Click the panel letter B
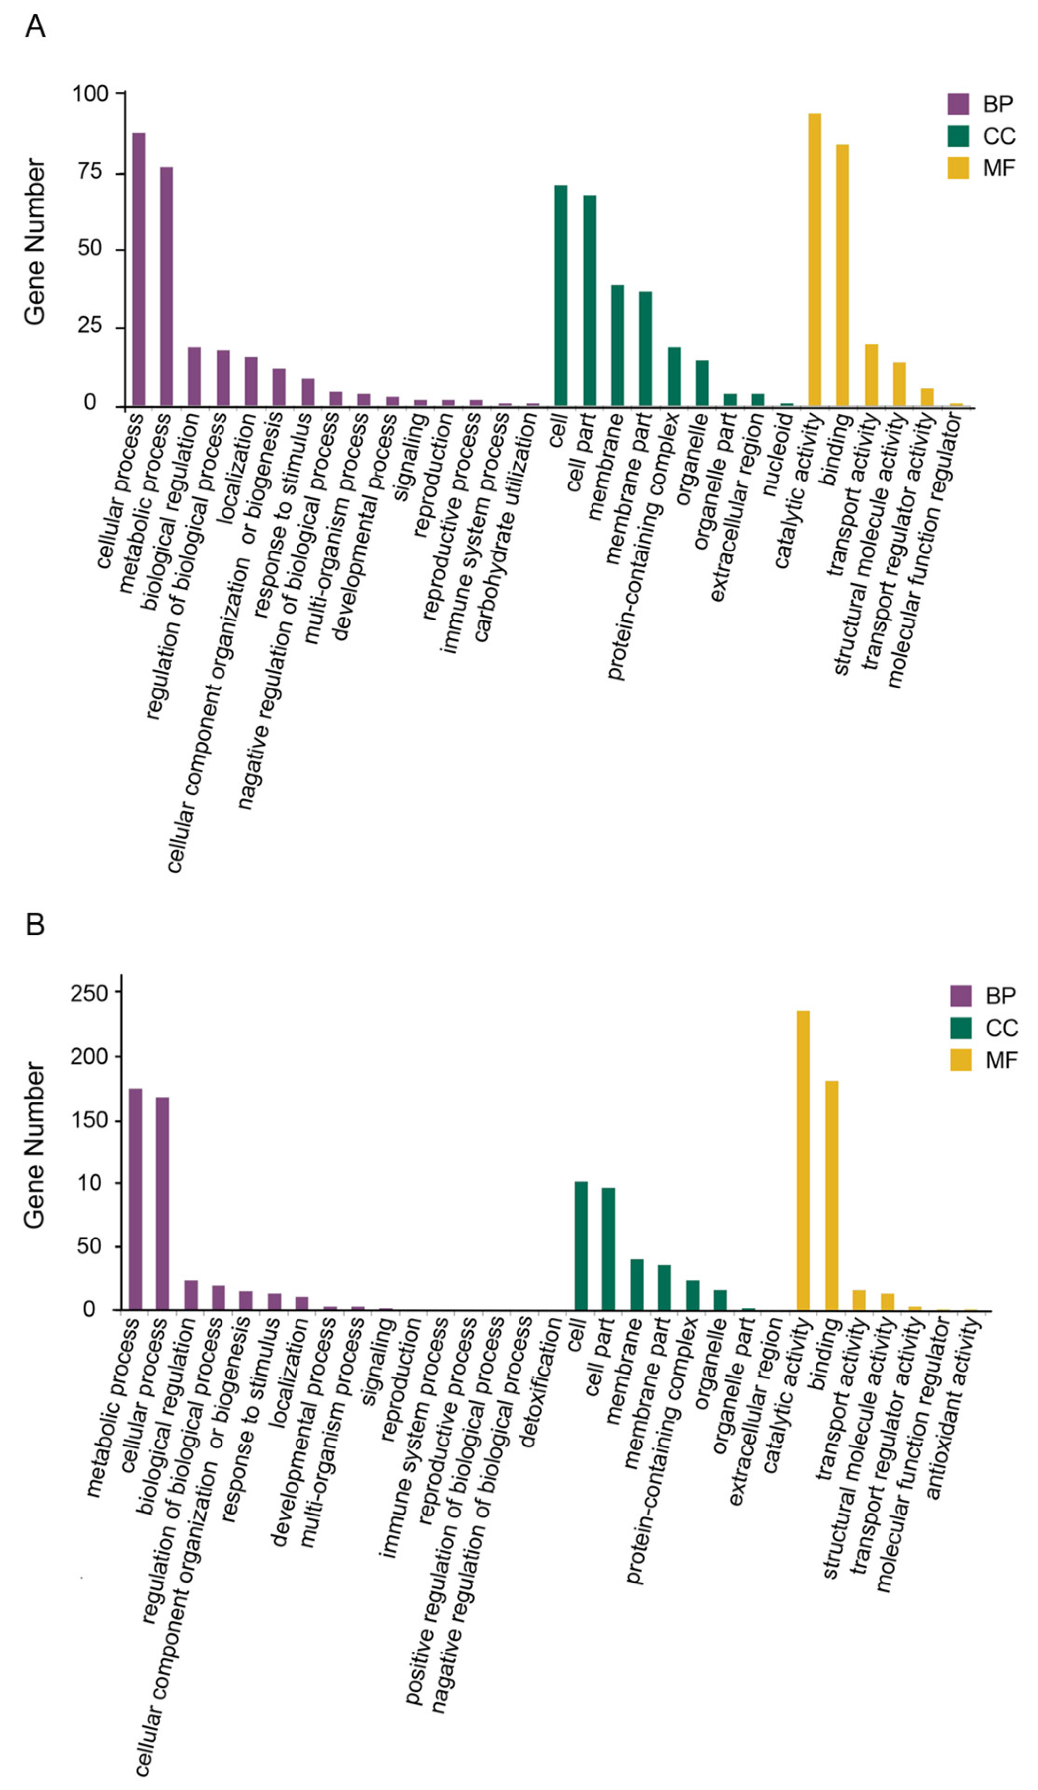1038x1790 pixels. pos(35,925)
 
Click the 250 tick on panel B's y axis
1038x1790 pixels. pos(89,992)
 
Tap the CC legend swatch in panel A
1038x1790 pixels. pos(958,136)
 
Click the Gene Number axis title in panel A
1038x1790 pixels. pos(35,242)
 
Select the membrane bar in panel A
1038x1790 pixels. pos(617,346)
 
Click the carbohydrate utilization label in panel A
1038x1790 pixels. pos(506,528)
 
